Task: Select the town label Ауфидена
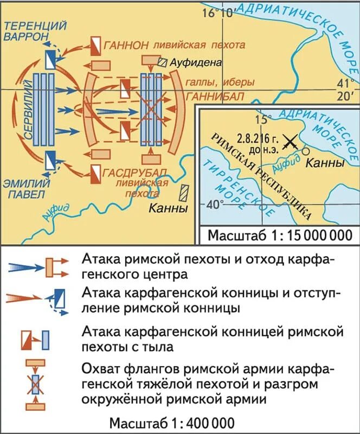coord(196,62)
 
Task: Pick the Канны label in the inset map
coord(326,163)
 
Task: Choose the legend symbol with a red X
coord(36,384)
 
